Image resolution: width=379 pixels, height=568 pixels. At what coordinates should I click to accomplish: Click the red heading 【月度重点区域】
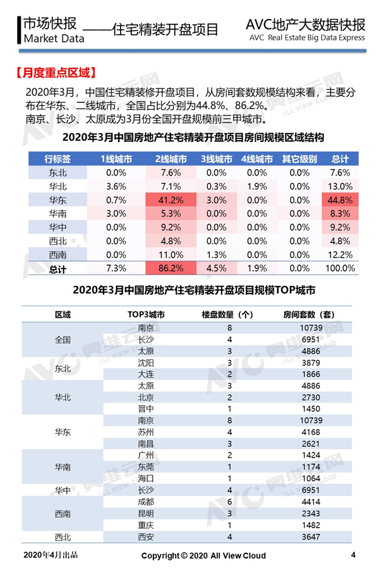(x=56, y=73)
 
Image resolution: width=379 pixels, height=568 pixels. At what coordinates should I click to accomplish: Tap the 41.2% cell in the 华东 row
(x=171, y=200)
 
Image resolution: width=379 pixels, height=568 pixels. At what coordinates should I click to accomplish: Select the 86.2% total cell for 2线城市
(x=171, y=268)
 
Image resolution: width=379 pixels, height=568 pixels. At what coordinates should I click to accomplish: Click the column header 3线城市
(x=217, y=159)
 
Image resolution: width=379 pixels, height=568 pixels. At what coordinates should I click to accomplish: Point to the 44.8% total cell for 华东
(x=340, y=200)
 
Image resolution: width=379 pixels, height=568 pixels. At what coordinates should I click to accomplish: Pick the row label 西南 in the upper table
(x=57, y=255)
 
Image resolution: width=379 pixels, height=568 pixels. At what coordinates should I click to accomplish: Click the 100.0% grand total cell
(x=340, y=268)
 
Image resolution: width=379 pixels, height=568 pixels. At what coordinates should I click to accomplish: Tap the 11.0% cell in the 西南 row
(x=171, y=255)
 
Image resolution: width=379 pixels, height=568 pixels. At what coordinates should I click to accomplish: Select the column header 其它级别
(x=299, y=159)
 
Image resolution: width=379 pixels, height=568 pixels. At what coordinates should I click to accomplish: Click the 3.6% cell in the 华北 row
(x=116, y=187)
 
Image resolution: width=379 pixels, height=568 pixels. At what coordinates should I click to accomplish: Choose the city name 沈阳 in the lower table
(x=146, y=363)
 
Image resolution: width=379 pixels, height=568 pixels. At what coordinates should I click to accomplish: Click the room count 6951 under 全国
(x=311, y=340)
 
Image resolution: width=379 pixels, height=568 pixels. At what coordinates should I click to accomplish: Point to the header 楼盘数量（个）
(x=227, y=314)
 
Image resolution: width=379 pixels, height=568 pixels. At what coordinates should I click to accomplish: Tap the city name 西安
(x=146, y=537)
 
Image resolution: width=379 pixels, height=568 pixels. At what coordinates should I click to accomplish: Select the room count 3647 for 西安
(x=311, y=537)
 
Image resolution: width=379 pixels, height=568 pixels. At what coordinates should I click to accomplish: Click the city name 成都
(x=146, y=502)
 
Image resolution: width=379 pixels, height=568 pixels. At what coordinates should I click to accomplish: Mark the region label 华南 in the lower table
(x=63, y=467)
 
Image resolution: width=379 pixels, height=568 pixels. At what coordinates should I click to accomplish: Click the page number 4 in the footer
(x=353, y=555)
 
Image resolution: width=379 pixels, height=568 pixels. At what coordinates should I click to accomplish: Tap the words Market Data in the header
(x=54, y=38)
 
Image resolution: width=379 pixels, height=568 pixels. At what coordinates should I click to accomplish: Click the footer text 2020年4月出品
(x=51, y=555)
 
